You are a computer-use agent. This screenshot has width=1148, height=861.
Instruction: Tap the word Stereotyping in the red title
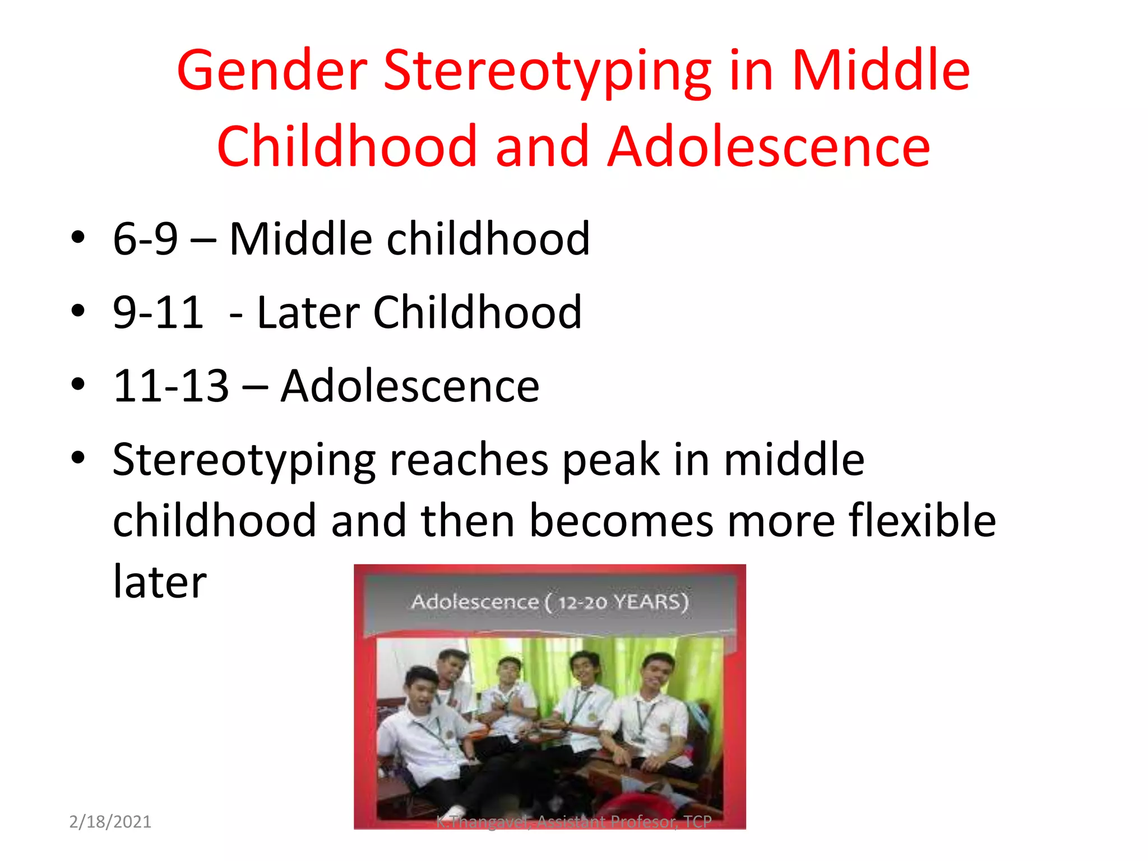[x=547, y=72]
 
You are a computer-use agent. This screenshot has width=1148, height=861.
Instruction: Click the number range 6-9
[x=145, y=239]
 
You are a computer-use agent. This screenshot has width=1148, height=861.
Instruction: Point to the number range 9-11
[x=158, y=312]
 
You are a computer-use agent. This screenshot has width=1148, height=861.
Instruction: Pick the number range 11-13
[x=171, y=386]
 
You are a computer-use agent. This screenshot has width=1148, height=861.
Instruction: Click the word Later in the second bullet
[x=307, y=312]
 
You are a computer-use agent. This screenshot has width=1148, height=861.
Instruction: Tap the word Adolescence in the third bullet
[x=410, y=386]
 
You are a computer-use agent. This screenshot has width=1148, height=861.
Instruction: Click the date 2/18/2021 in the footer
[x=110, y=822]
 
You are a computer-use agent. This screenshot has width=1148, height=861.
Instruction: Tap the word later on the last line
[x=160, y=582]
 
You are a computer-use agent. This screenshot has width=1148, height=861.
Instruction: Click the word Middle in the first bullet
[x=300, y=239]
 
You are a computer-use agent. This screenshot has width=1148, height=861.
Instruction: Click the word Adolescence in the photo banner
[x=475, y=602]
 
